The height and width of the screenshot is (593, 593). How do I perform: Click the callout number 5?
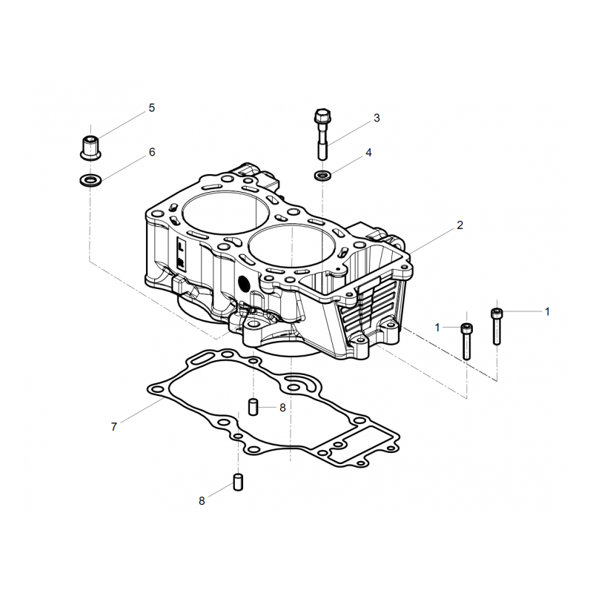click(152, 107)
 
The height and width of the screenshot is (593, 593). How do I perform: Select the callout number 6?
click(152, 152)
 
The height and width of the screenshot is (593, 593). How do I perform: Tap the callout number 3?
click(377, 118)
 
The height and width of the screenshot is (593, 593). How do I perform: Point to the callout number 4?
click(368, 153)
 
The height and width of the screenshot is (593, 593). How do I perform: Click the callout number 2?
click(460, 225)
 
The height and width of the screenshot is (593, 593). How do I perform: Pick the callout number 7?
click(114, 427)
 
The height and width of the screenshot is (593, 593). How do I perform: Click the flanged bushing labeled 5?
click(90, 148)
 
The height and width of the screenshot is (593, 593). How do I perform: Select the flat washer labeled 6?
click(90, 180)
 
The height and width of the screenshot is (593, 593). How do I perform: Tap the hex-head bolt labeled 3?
click(322, 134)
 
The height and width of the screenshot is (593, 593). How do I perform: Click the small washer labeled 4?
click(322, 176)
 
